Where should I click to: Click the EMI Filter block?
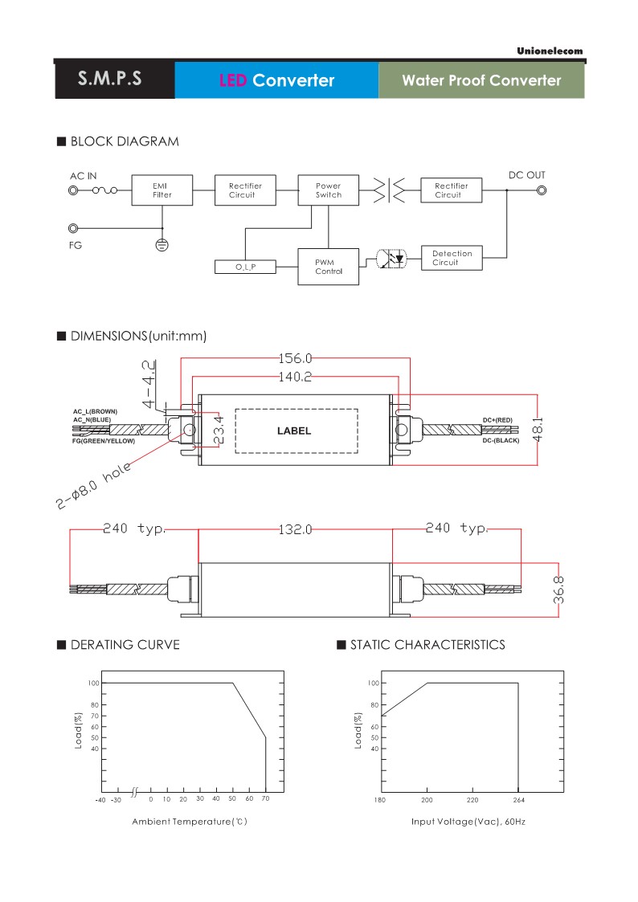point(162,190)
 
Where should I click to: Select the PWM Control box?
point(329,266)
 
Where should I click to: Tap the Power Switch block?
point(329,190)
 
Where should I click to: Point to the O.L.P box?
point(245,266)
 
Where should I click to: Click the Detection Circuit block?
point(452,258)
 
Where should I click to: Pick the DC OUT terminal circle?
point(542,191)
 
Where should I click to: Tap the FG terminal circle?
point(75,229)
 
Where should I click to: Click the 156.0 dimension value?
point(295,359)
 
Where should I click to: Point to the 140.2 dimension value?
point(295,377)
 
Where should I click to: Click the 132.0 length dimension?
point(295,529)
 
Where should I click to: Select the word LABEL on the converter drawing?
point(294,431)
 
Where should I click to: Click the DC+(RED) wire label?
point(501,420)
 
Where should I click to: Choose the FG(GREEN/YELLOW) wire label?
point(104,442)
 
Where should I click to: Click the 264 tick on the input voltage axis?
point(518,800)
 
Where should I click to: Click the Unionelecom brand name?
point(550,51)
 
